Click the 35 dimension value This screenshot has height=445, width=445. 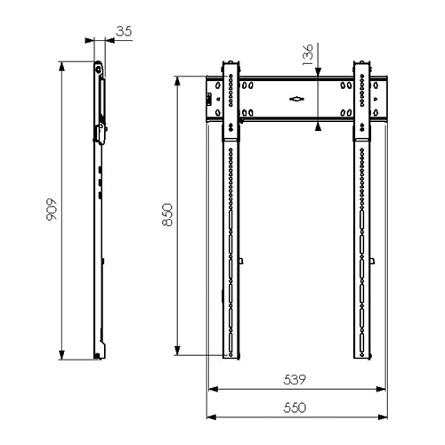point(124,31)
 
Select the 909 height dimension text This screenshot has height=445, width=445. point(52,209)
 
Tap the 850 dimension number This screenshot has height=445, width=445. point(167,214)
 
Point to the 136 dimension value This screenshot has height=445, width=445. point(308,54)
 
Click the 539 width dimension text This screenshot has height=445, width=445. point(295,379)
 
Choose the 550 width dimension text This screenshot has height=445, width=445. point(295,408)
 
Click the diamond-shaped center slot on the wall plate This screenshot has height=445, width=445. point(296,99)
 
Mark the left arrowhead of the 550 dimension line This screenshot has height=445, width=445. point(211,417)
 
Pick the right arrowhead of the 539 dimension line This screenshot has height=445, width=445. point(381,389)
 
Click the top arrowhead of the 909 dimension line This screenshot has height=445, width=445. point(61,67)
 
